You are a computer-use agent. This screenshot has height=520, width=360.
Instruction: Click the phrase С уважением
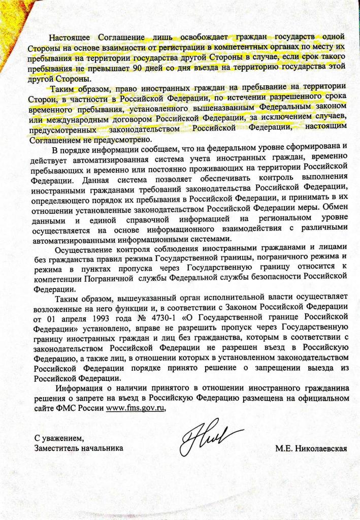[x=57, y=437]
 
